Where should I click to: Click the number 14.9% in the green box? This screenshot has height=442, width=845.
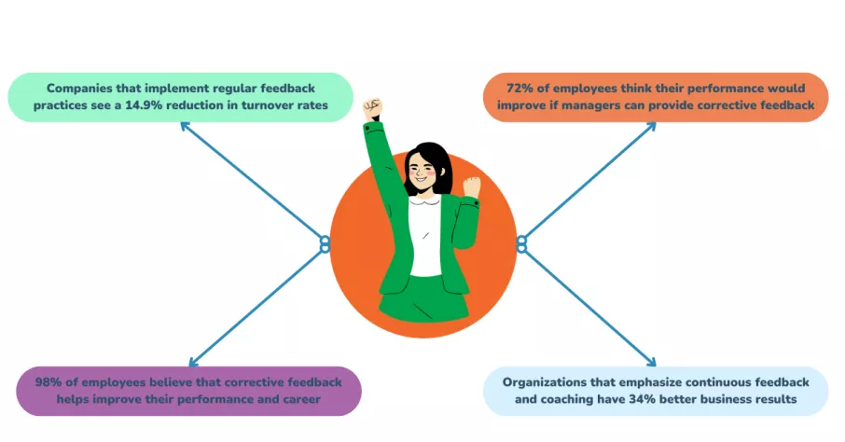click(144, 105)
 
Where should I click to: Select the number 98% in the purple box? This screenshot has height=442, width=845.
click(48, 382)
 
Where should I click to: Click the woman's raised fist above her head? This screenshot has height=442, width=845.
click(372, 109)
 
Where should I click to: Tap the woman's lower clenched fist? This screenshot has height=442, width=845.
click(472, 186)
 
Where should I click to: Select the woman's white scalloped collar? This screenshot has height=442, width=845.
click(423, 201)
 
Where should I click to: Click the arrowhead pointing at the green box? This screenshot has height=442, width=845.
click(185, 127)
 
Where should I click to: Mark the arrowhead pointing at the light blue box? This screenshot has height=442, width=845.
click(651, 362)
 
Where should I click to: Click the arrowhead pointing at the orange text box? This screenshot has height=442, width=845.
click(651, 127)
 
